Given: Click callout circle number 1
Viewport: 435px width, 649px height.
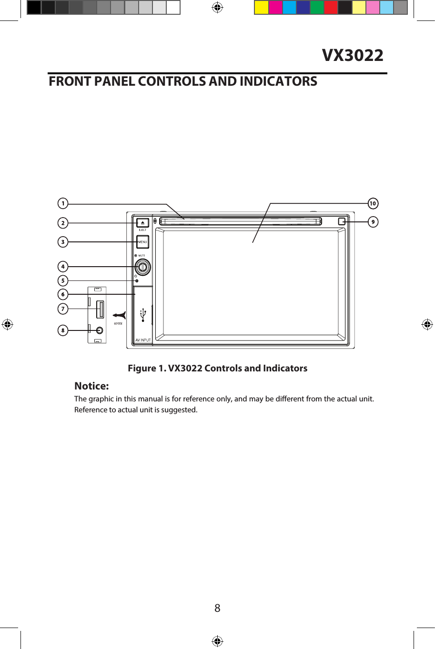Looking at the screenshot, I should pyautogui.click(x=63, y=204).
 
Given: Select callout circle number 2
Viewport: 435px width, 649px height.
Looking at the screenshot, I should pyautogui.click(x=63, y=223).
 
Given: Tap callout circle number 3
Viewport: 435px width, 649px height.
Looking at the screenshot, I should pyautogui.click(x=63, y=242).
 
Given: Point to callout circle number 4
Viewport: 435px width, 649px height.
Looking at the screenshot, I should pyautogui.click(x=63, y=267).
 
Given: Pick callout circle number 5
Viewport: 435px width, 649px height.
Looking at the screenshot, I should pyautogui.click(x=63, y=280).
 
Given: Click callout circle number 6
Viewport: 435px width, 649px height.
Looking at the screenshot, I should pyautogui.click(x=63, y=294).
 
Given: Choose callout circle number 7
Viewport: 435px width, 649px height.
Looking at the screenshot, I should pyautogui.click(x=63, y=309).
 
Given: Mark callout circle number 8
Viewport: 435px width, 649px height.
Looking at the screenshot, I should pyautogui.click(x=63, y=330).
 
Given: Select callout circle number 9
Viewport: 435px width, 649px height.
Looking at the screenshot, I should pyautogui.click(x=373, y=222).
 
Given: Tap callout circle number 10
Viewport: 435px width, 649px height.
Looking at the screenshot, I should pyautogui.click(x=373, y=204).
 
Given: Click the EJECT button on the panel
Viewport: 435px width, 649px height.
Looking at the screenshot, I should pyautogui.click(x=142, y=223).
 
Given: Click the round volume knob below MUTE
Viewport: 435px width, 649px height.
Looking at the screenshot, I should pyautogui.click(x=142, y=267).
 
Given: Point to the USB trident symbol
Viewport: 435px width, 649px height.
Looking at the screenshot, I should pyautogui.click(x=142, y=315).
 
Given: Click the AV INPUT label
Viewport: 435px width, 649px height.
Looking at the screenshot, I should pyautogui.click(x=143, y=340).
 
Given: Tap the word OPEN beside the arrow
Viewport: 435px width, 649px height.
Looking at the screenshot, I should pyautogui.click(x=118, y=324).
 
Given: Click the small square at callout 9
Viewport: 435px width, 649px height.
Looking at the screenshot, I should pyautogui.click(x=342, y=221).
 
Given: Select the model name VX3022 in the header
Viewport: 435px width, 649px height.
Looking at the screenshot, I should pyautogui.click(x=353, y=55).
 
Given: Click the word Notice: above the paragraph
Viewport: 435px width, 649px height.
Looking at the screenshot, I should pyautogui.click(x=91, y=386).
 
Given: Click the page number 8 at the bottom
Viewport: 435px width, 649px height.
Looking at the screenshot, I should pyautogui.click(x=217, y=608).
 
